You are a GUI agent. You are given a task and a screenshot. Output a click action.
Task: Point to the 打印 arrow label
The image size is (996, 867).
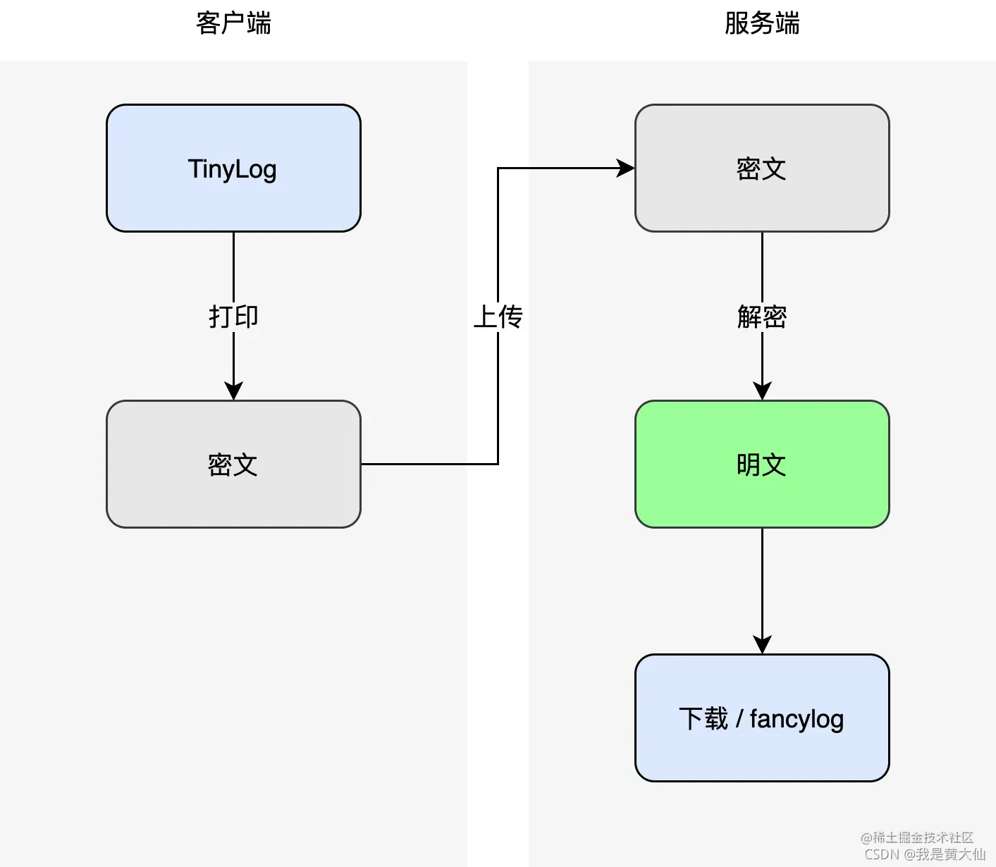[233, 316]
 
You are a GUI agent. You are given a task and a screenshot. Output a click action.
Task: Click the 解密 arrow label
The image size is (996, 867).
[762, 316]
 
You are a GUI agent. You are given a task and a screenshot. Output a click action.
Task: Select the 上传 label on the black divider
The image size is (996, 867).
[498, 316]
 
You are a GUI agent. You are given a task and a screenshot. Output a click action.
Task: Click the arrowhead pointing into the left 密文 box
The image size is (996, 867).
[233, 391]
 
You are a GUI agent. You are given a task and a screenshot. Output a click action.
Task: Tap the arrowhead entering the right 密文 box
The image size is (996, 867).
[625, 168]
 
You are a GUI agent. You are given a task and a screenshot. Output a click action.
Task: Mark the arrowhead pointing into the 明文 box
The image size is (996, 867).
[762, 391]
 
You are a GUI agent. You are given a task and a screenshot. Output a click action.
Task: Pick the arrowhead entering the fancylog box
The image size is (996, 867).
[762, 644]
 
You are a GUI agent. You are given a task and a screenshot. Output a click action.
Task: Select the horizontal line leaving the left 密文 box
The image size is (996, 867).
[414, 464]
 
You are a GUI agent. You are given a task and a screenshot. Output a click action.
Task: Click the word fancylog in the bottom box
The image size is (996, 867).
[797, 719]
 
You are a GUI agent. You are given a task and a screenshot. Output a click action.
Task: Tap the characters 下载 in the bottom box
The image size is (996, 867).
[703, 719]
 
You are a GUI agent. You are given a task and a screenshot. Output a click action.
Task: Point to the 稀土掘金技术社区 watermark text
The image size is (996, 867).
[917, 837]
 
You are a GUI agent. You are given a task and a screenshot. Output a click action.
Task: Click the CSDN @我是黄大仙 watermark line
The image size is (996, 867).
[925, 854]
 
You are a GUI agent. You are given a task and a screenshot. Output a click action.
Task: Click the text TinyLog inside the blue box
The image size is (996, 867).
[232, 169]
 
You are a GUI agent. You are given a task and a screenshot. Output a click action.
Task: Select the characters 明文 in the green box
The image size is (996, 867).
[761, 465]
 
